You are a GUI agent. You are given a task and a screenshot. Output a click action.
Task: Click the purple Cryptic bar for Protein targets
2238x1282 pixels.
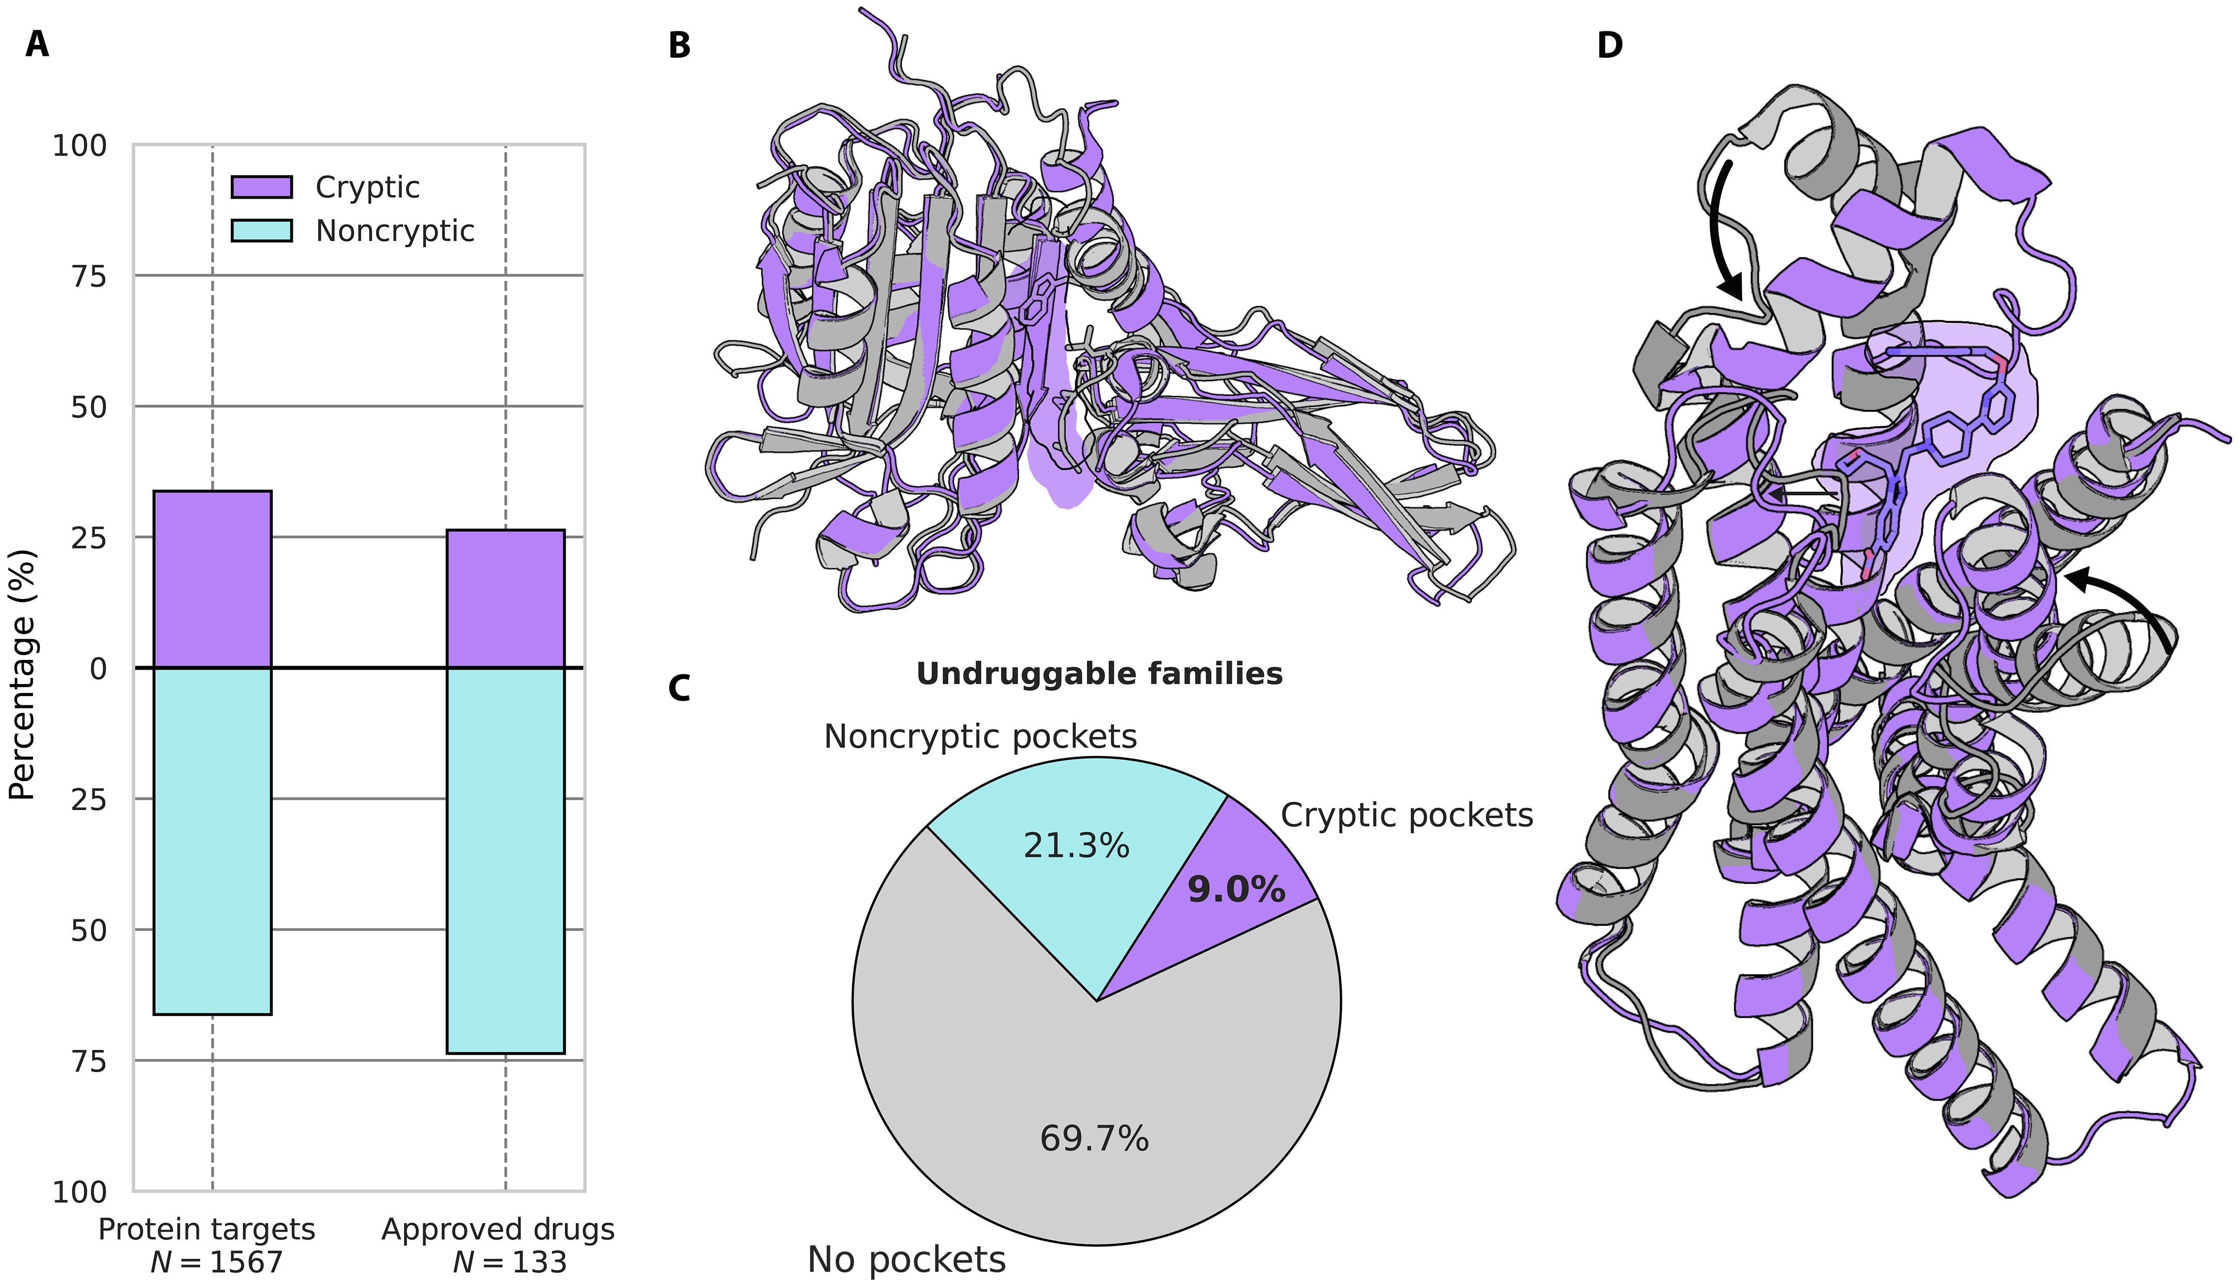[212, 579]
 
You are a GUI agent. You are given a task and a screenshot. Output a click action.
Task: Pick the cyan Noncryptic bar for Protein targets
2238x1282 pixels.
[212, 841]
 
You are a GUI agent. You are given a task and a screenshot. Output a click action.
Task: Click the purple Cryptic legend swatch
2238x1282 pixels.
[261, 187]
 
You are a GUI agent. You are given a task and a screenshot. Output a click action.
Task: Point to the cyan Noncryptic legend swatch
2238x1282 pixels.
[261, 231]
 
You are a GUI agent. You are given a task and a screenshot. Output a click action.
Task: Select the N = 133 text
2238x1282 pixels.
[509, 1262]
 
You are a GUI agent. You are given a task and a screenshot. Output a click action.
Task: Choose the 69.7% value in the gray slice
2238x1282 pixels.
[1094, 1138]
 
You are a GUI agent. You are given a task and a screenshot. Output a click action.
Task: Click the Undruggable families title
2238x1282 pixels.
[1099, 674]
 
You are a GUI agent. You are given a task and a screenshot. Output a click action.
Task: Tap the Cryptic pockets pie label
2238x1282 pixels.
[1406, 815]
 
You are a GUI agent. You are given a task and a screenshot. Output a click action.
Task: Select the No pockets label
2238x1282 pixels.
[906, 1259]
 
